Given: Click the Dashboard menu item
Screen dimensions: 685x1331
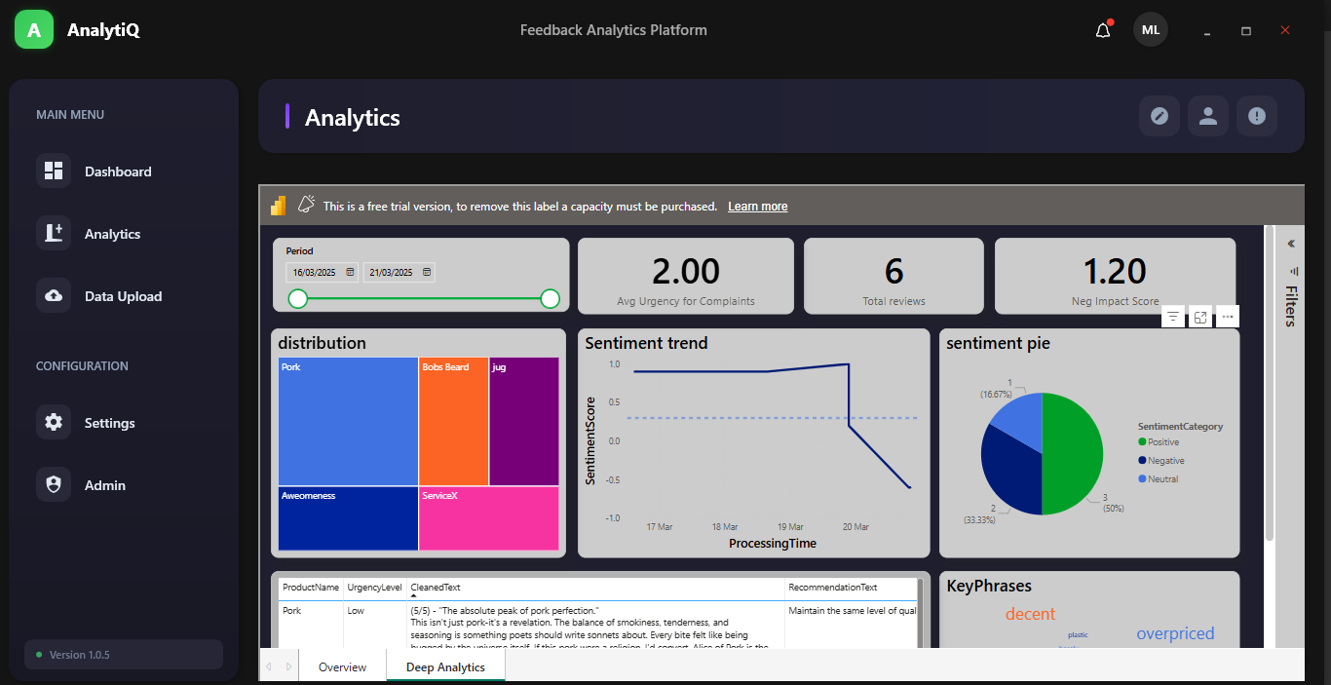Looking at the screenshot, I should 118,171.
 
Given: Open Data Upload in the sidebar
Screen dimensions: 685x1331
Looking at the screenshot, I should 123,296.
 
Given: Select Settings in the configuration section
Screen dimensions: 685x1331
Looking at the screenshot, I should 109,423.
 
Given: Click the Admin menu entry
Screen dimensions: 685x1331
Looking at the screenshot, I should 104,485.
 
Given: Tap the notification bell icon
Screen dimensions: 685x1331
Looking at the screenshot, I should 1103,30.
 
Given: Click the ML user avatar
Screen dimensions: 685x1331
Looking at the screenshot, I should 1151,30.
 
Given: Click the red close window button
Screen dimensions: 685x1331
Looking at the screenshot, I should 1285,30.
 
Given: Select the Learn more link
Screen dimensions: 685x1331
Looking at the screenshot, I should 757,207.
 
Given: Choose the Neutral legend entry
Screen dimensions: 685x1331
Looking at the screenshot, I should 1162,479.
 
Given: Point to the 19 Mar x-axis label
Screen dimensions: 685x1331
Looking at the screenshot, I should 790,527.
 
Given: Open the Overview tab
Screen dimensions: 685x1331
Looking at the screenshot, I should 342,667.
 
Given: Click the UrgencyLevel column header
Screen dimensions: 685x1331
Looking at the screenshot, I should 374,588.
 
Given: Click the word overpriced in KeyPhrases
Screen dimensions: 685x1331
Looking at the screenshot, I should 1175,633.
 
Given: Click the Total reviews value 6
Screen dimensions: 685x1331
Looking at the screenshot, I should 894,272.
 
